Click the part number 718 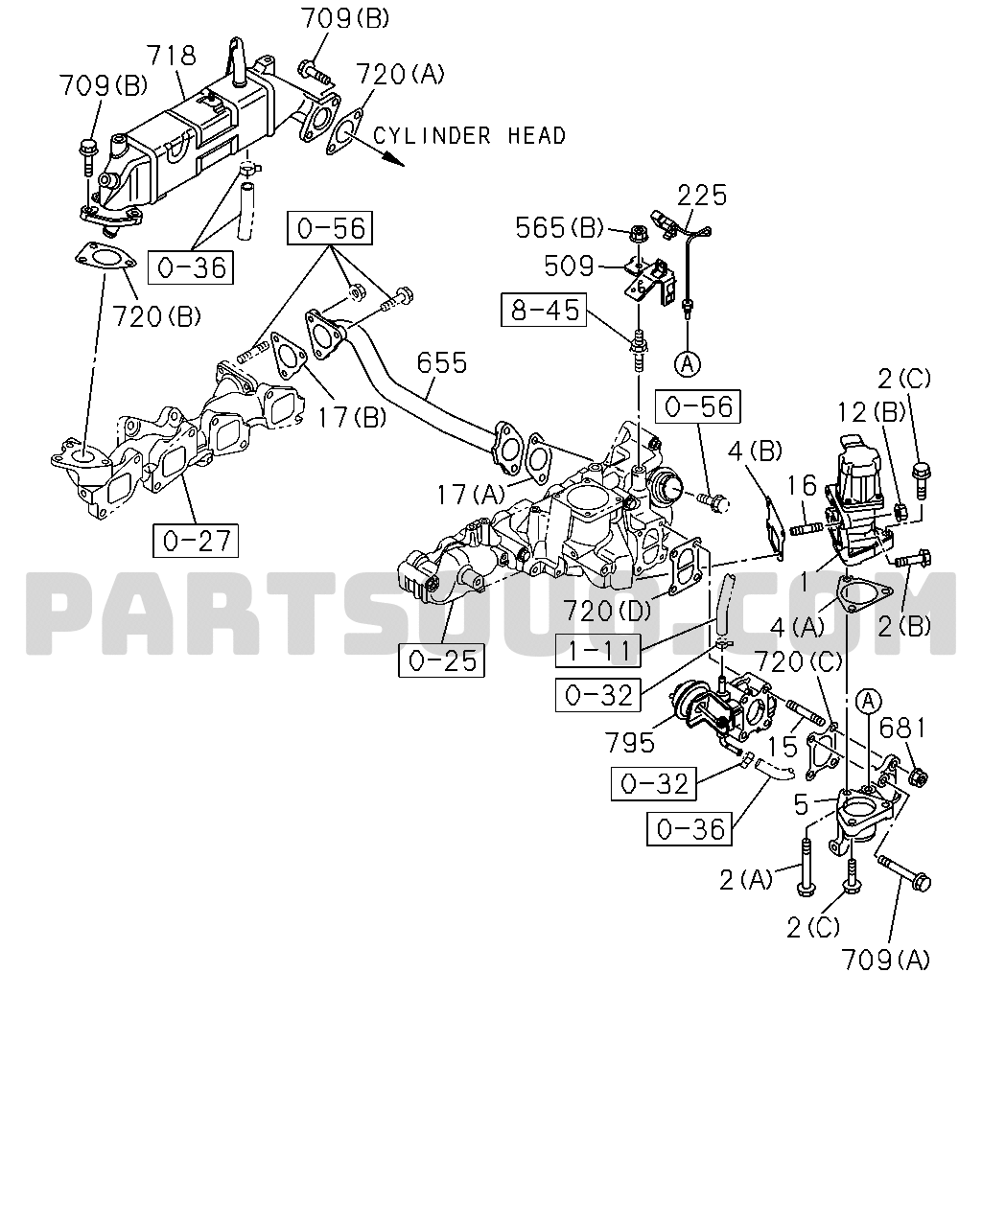click(x=172, y=56)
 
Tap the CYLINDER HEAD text click(x=469, y=136)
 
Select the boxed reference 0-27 click(x=196, y=541)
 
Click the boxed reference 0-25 click(x=442, y=660)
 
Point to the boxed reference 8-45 click(x=544, y=310)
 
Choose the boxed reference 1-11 click(x=598, y=650)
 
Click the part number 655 click(x=442, y=362)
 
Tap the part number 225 click(x=702, y=195)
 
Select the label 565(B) click(x=559, y=227)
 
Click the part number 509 click(x=569, y=266)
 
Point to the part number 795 click(x=629, y=742)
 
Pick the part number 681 click(x=902, y=729)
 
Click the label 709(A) click(x=885, y=961)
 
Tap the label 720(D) click(x=607, y=612)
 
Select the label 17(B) click(x=352, y=418)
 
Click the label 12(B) click(x=872, y=411)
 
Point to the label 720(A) click(x=400, y=74)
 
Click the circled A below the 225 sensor click(x=688, y=363)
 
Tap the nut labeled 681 click(x=917, y=776)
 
